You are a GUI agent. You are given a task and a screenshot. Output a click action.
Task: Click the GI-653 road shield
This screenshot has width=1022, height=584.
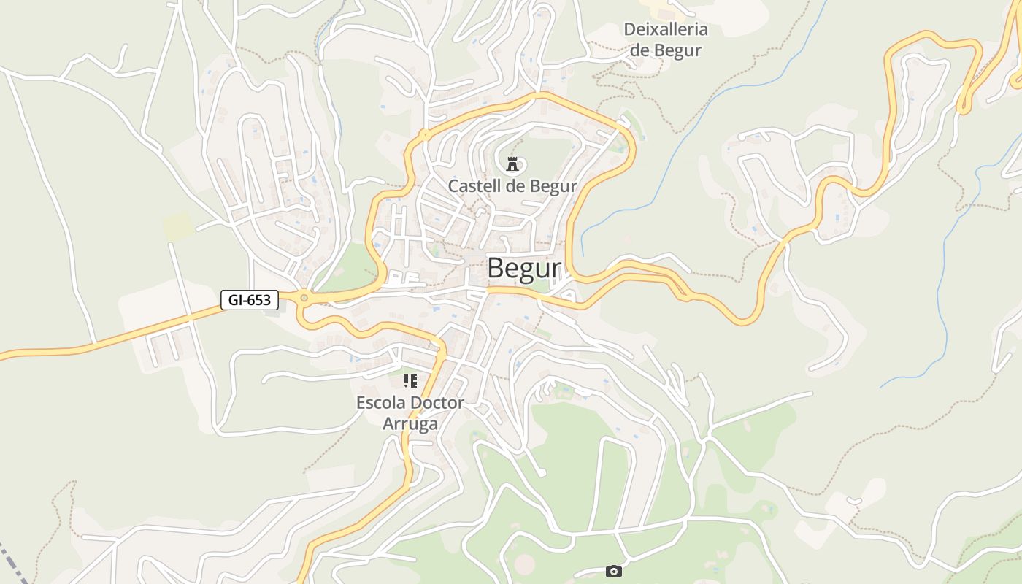coord(250,299)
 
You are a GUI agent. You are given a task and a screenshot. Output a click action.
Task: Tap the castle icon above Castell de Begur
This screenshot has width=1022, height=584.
coord(512,164)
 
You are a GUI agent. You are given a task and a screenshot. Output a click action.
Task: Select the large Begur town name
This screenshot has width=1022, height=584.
coord(523,269)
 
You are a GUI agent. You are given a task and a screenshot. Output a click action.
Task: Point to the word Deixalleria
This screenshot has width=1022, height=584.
coord(665,30)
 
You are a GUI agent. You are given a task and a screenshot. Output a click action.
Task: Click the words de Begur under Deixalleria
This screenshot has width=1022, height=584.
coord(665,50)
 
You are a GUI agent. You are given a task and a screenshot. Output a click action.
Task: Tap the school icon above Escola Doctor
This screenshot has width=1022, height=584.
coord(410,380)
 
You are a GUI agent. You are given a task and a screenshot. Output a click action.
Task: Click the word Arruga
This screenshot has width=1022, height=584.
coord(410,424)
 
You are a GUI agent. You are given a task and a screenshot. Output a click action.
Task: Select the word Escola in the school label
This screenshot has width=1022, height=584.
coord(381,403)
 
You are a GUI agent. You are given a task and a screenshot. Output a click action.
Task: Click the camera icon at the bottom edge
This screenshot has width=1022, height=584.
coord(614,571)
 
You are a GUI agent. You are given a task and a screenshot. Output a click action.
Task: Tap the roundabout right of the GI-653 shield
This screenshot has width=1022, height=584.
coord(304,297)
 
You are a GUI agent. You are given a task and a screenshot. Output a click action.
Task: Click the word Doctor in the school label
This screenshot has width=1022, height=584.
coord(437,403)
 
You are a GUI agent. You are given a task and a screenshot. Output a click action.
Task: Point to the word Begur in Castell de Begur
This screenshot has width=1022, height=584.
coord(553,186)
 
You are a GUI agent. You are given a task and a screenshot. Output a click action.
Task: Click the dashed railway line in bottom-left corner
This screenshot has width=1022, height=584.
coord(13,565)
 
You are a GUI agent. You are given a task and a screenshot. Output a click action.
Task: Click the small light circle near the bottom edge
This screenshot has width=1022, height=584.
coord(524,563)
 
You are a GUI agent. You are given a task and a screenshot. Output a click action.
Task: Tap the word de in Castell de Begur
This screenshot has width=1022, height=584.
coord(515,186)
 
